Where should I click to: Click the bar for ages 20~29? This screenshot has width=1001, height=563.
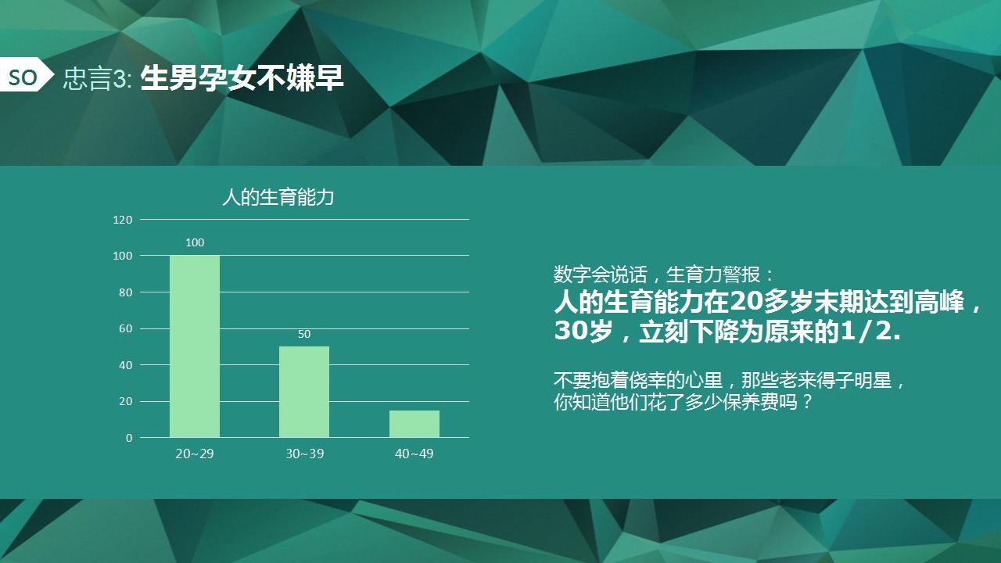click(x=195, y=346)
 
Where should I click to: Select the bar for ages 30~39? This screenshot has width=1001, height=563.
click(x=304, y=392)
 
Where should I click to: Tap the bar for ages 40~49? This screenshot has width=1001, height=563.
click(x=414, y=424)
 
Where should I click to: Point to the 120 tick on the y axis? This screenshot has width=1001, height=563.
click(x=123, y=220)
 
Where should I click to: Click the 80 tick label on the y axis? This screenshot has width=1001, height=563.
click(x=126, y=292)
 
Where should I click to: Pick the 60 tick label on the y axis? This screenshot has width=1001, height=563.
click(x=126, y=328)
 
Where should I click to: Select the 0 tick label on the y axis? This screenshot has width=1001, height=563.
click(x=129, y=438)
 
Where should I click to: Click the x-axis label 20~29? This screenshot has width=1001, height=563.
click(x=195, y=454)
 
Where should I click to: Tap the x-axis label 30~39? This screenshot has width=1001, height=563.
click(x=304, y=454)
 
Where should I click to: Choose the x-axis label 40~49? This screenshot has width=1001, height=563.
click(x=414, y=454)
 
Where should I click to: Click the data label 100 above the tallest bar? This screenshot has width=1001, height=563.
click(x=195, y=242)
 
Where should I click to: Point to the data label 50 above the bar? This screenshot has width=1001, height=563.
click(x=304, y=334)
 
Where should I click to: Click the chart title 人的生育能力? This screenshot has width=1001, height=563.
click(x=278, y=197)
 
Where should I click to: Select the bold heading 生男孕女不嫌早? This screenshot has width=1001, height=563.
click(x=242, y=78)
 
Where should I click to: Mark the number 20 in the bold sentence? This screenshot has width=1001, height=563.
click(x=746, y=302)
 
